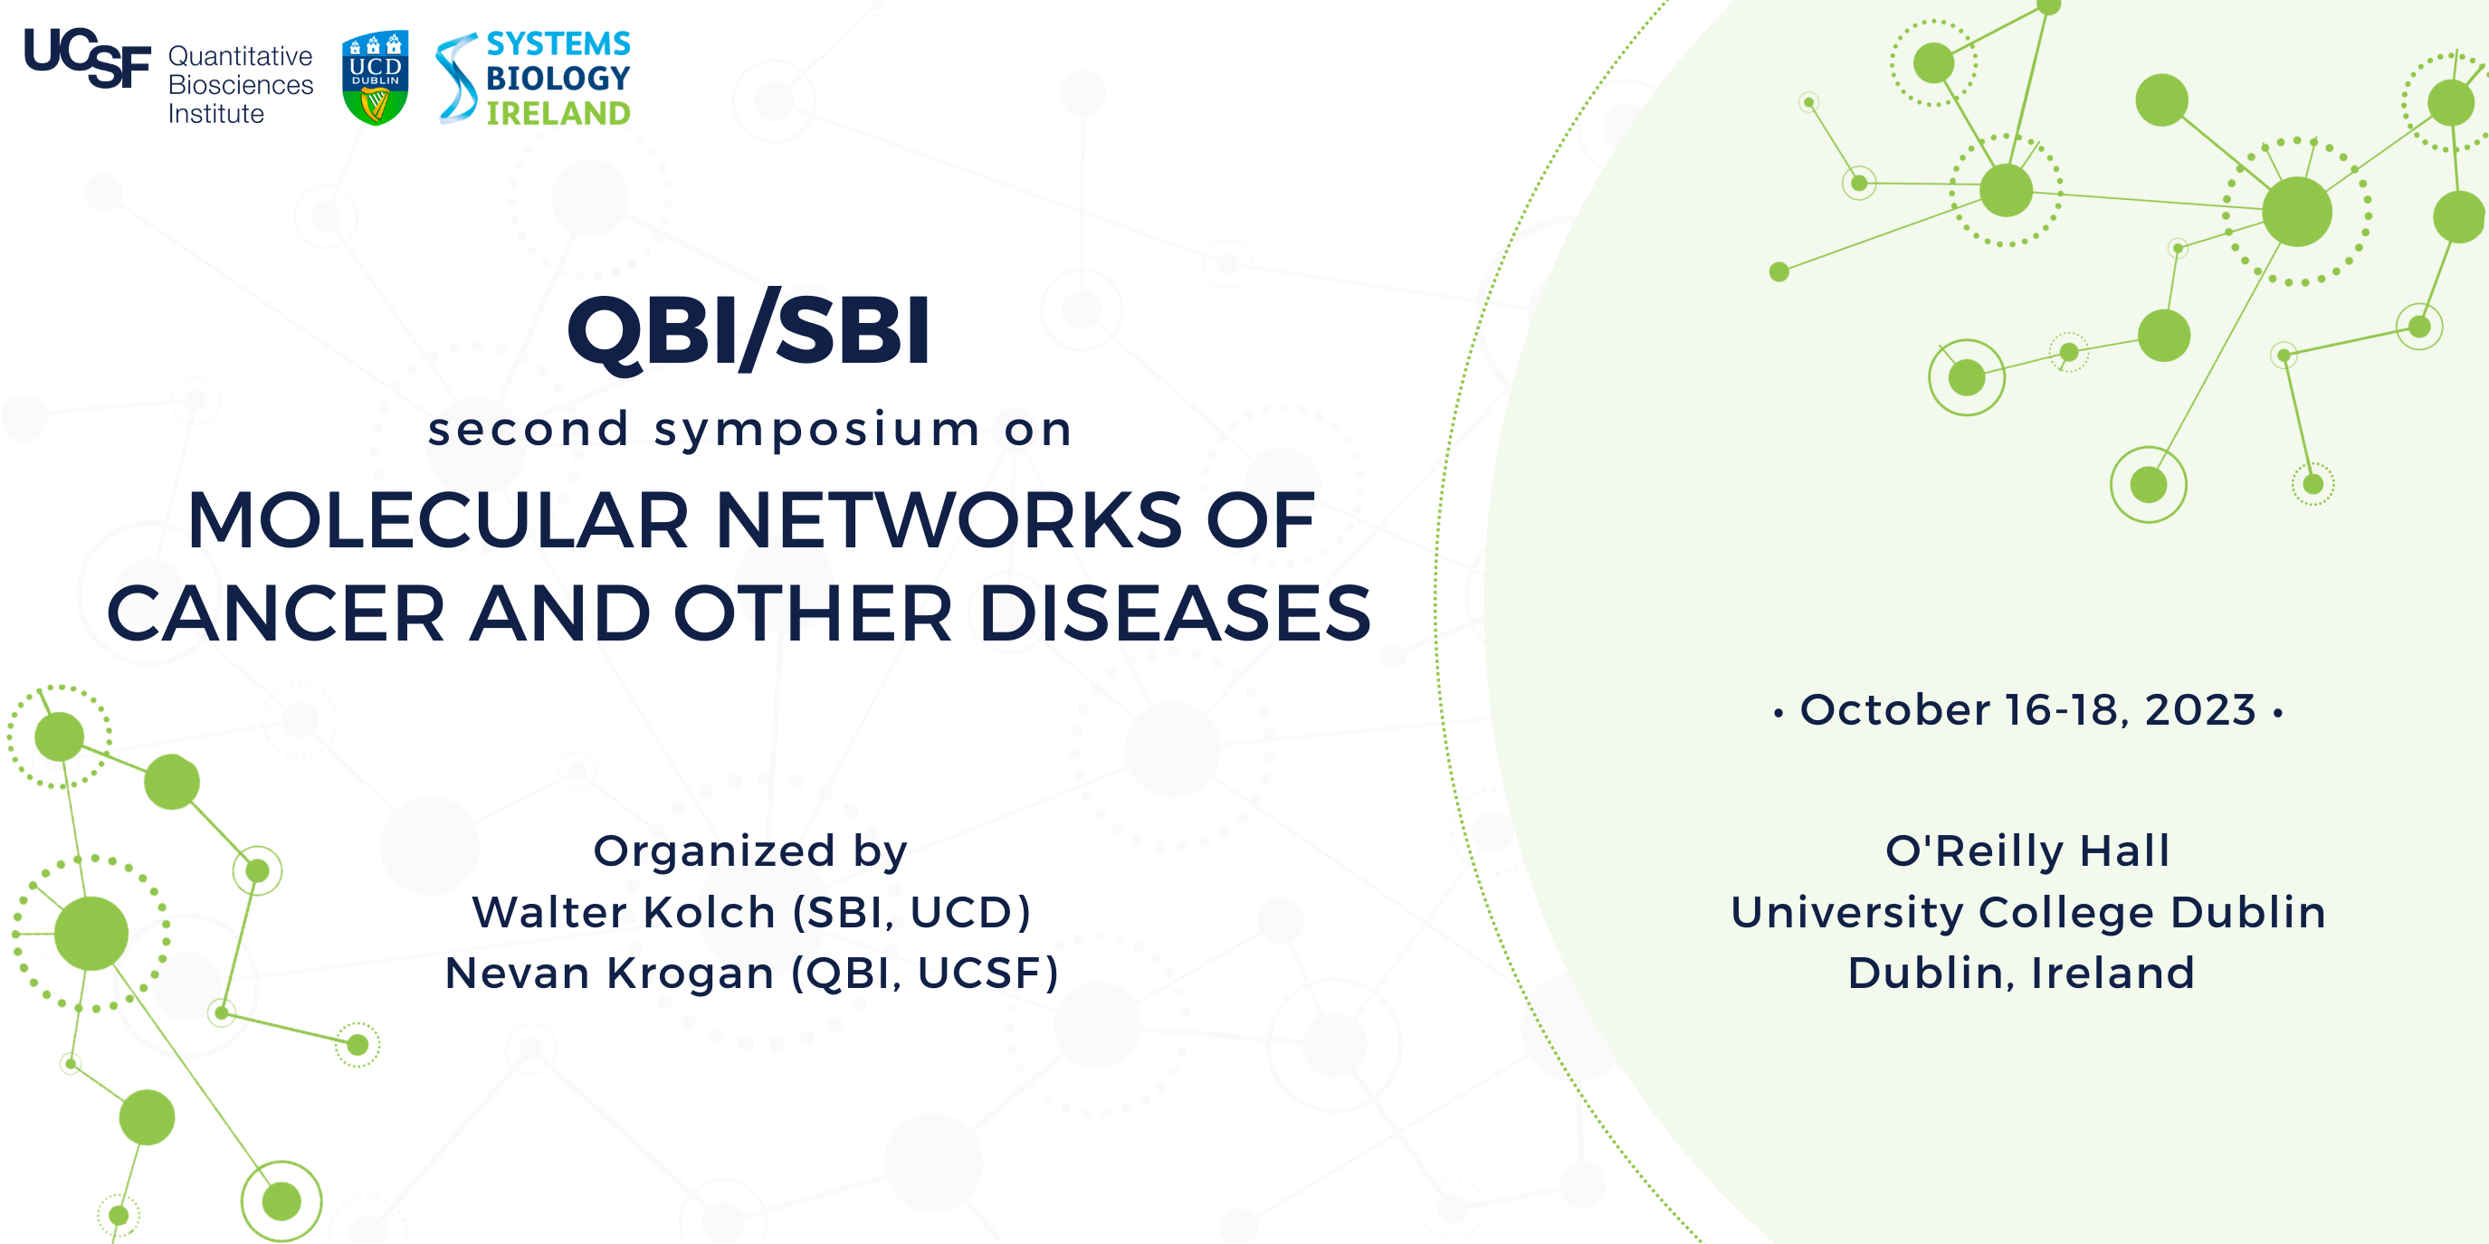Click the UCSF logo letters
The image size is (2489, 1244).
coord(87,58)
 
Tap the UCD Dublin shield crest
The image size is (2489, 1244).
coord(375,77)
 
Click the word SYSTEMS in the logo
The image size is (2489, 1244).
coord(558,43)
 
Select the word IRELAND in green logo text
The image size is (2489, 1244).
coord(558,114)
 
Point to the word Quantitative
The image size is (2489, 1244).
coord(240,56)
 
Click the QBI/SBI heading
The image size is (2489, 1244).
coord(749,331)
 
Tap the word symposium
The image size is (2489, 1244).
coord(816,430)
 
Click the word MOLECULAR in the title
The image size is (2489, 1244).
coord(437,521)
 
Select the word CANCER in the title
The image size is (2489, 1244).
coord(275,614)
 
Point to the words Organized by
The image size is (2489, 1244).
coord(749,852)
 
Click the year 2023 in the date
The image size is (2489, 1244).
coord(2200,711)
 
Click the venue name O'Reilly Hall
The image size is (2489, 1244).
coord(2027,852)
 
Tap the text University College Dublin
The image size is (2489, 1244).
coord(2027,913)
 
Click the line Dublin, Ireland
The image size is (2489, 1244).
coord(2021,973)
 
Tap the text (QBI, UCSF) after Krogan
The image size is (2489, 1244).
coord(925,973)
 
